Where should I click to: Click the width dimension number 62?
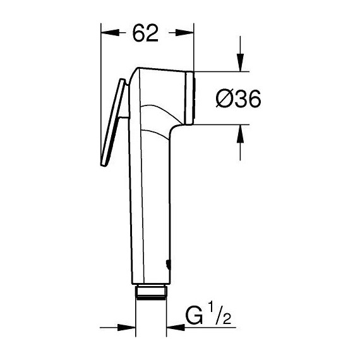coord(146,33)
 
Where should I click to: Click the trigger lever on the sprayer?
coord(112,123)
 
